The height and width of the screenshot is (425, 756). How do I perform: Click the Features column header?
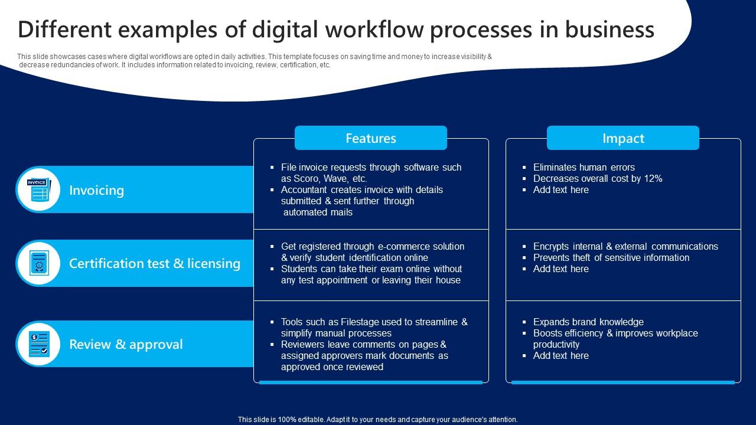(x=370, y=138)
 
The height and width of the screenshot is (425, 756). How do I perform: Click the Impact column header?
(x=623, y=138)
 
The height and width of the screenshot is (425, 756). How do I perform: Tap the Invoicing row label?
(x=97, y=190)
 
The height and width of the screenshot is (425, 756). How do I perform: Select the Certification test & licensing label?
(x=155, y=263)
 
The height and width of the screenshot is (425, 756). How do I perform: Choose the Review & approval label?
(x=126, y=344)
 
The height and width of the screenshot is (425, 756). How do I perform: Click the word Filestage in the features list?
(x=363, y=322)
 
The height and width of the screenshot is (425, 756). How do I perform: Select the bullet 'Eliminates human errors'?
(x=584, y=167)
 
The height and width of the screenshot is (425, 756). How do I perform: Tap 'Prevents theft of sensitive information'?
(x=611, y=257)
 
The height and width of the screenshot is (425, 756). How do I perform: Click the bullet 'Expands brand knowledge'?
(x=588, y=322)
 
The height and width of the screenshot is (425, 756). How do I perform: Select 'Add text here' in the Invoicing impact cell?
(x=561, y=189)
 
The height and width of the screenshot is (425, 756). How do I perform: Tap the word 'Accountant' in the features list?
(x=306, y=189)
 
